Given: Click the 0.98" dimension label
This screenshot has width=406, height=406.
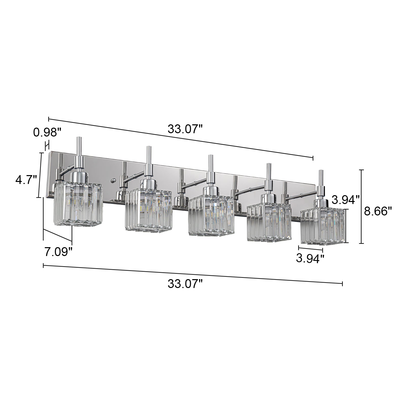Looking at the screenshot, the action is (x=47, y=132).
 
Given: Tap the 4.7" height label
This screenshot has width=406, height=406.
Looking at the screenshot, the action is (x=26, y=180).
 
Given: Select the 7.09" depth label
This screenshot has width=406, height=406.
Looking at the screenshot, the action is (x=58, y=252).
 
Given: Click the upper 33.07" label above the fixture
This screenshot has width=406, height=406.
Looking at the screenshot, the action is (x=185, y=129).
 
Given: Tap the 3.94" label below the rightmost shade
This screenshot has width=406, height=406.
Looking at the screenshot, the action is (x=310, y=258).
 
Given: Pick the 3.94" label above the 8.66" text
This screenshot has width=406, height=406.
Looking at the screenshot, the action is (x=346, y=200).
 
